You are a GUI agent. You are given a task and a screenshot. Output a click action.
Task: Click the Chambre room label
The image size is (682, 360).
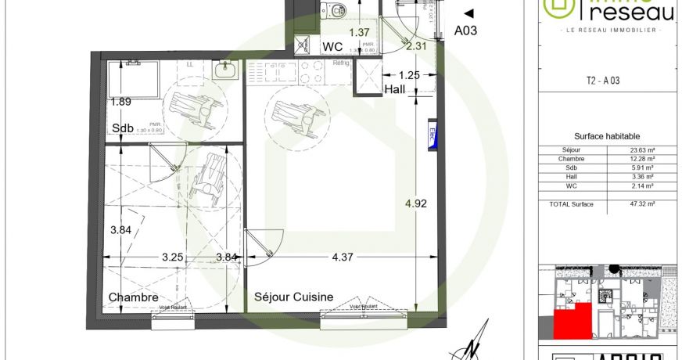[134, 297]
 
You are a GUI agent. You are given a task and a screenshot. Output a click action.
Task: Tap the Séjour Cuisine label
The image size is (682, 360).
[294, 297]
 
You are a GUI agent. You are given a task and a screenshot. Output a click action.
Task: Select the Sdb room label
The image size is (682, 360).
[121, 129]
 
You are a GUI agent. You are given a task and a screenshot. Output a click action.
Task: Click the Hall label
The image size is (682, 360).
[395, 90]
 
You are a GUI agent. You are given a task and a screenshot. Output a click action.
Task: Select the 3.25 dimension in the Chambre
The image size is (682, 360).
[174, 257]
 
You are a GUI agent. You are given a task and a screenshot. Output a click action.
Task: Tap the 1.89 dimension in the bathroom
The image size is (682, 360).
[120, 102]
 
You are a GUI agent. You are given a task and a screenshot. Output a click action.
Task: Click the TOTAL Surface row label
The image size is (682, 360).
[572, 204]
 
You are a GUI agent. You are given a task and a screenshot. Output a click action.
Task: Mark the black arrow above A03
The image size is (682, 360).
[468, 13]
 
